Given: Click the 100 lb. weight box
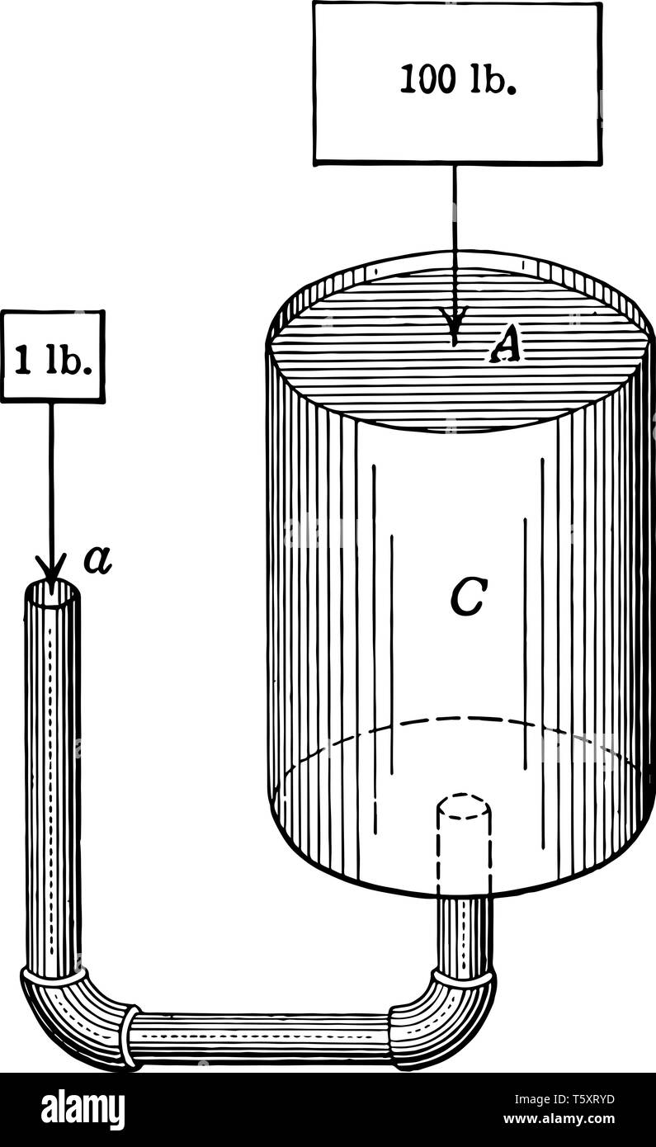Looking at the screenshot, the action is tap(457, 83).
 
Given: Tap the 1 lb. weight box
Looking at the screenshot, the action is tap(53, 356).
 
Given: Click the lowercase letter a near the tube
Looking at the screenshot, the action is tap(98, 560).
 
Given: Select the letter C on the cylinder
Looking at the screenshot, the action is tap(467, 598).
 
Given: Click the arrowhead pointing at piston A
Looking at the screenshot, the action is tap(454, 323).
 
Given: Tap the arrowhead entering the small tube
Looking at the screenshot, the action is tap(51, 570).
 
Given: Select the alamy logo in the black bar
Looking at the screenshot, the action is tap(83, 1109).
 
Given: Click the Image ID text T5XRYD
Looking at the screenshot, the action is tap(564, 1099).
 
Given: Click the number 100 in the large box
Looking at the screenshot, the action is tap(427, 80).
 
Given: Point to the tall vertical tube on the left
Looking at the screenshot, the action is tap(53, 778).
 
